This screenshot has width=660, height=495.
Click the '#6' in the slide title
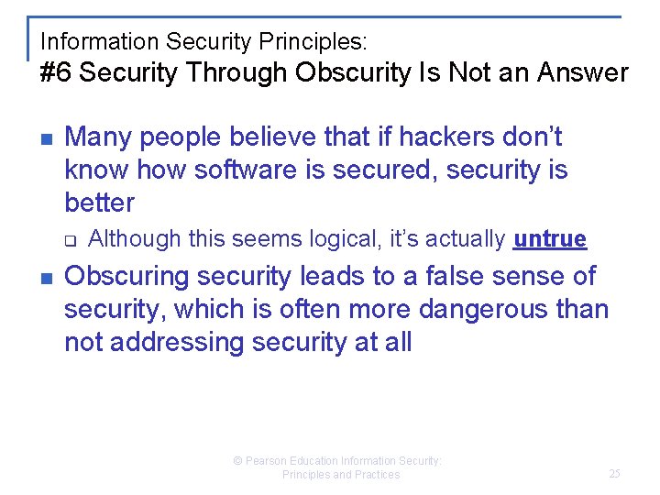coord(56,73)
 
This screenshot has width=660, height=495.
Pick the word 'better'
coord(99,203)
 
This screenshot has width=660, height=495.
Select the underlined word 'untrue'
coord(550,239)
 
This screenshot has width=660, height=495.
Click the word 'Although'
coord(135,239)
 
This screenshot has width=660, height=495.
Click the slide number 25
coord(614,474)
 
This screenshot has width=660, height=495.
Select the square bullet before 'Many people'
coord(46,138)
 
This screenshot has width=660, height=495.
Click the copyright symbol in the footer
coord(237,461)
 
